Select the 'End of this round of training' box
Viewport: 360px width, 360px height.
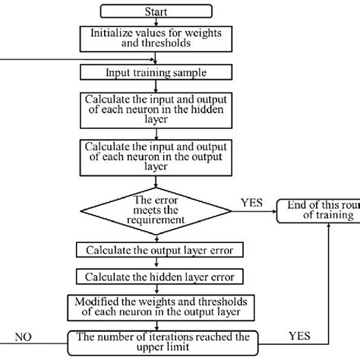pyautogui.click(x=318, y=210)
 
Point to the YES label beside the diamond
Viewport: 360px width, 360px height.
pyautogui.click(x=250, y=202)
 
